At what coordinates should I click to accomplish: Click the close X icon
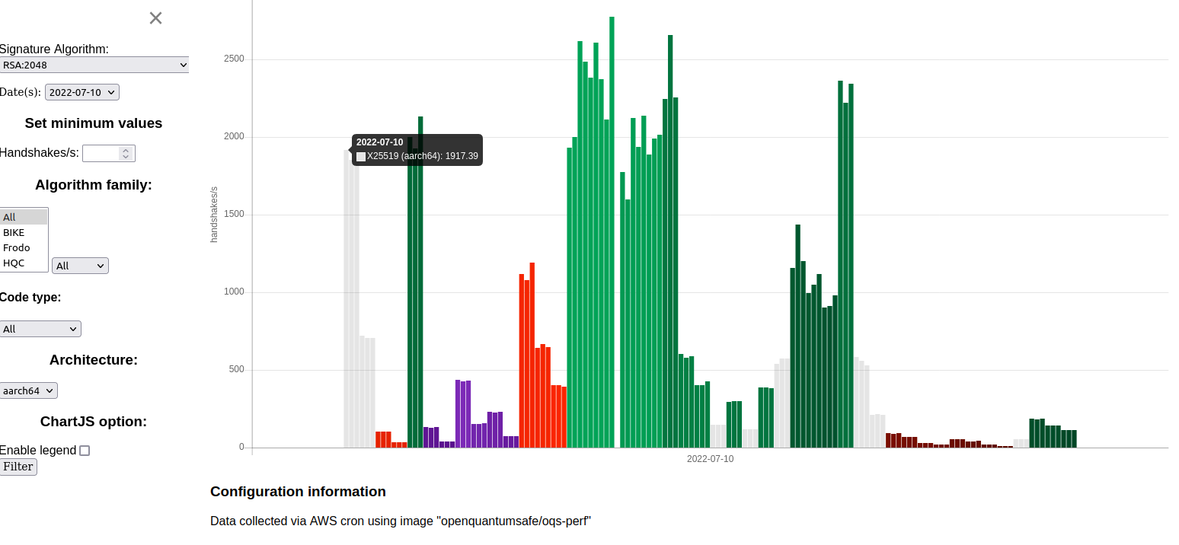point(155,18)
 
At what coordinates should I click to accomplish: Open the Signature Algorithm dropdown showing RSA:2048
point(94,65)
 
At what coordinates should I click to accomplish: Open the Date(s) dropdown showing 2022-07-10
point(82,92)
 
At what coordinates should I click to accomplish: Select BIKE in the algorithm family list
point(14,233)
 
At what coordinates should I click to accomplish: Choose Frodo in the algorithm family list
point(17,248)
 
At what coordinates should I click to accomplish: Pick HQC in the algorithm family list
point(14,263)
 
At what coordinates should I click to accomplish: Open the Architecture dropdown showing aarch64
point(28,390)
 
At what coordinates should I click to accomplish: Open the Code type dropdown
point(40,329)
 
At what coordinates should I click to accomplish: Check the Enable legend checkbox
point(85,451)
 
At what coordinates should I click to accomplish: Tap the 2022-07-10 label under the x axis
point(710,459)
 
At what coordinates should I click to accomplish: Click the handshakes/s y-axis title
point(214,214)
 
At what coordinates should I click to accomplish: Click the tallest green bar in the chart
point(612,228)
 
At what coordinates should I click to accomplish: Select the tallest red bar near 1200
point(532,350)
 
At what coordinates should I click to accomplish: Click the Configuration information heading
point(298,492)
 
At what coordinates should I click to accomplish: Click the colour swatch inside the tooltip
point(361,157)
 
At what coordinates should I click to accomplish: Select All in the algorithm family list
point(9,218)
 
